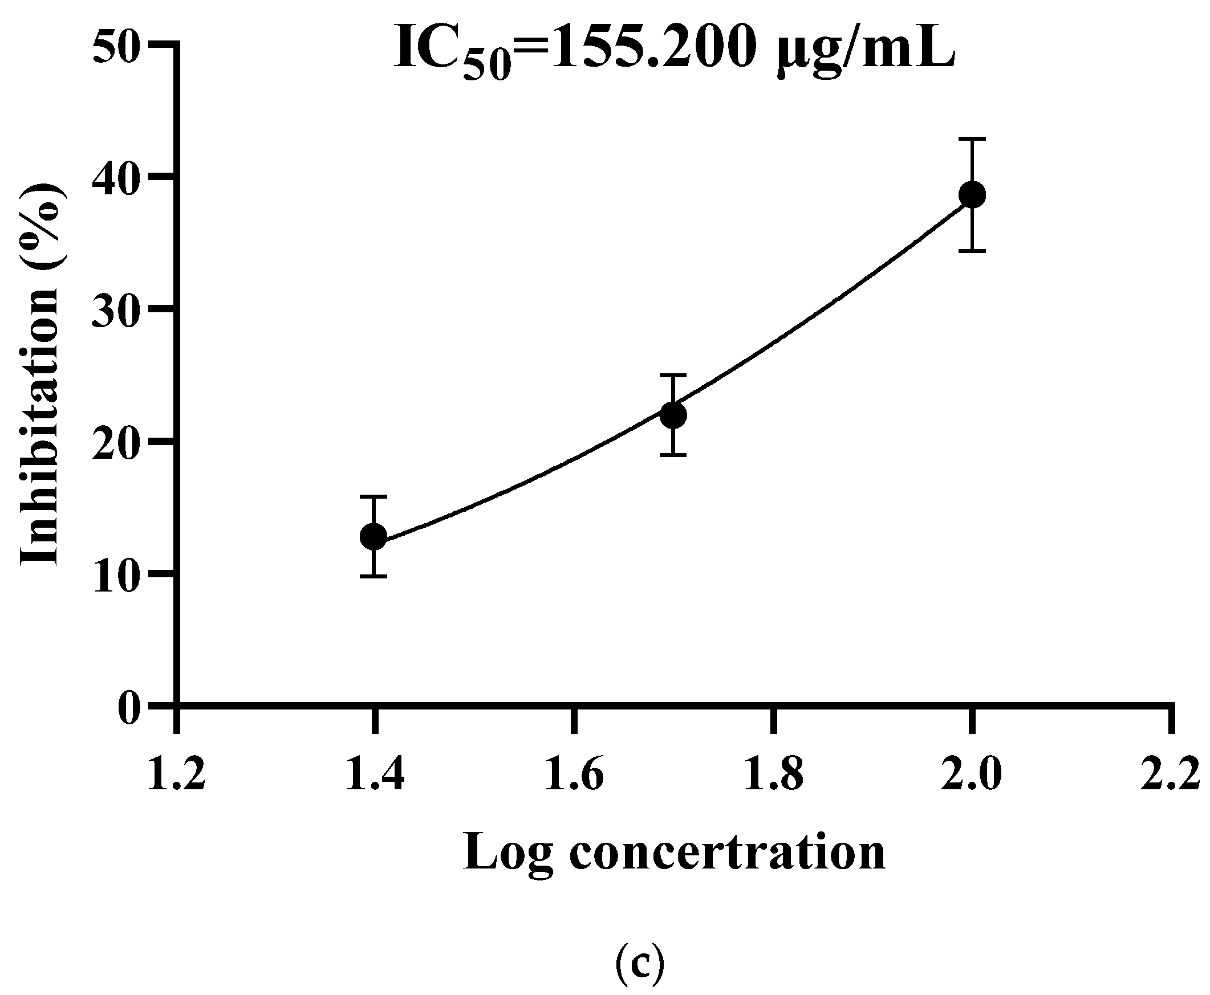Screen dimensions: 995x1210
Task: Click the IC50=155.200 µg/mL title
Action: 674,54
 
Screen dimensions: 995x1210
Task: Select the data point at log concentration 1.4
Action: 373,537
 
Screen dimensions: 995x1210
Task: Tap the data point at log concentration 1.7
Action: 673,414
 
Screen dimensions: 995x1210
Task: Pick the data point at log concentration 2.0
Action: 972,195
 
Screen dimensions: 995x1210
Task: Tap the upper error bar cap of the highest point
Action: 972,138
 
